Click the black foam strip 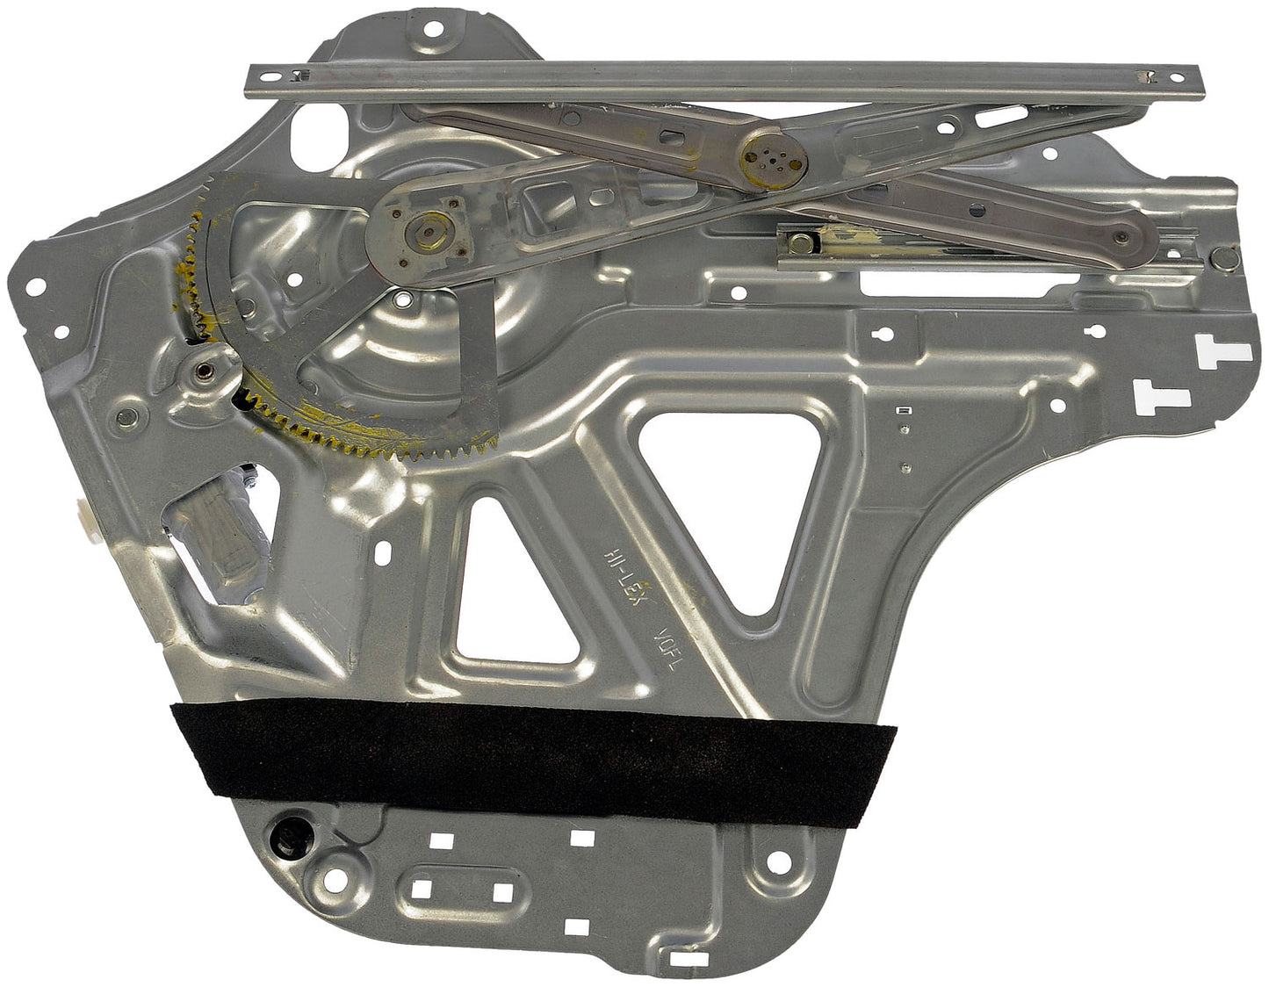point(534,747)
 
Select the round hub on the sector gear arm point(427,232)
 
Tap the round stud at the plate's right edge point(1224,257)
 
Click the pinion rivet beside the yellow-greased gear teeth point(203,370)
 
